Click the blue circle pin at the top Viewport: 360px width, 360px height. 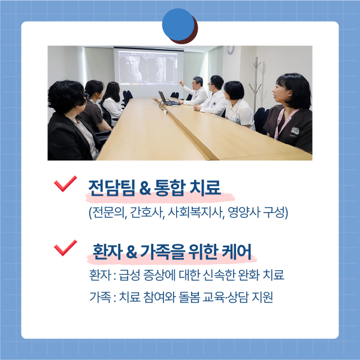pos(178,25)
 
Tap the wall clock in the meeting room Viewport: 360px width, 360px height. pos(231,50)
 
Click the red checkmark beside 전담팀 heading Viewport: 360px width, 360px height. pos(65,184)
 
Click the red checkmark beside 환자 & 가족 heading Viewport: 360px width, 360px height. pos(65,248)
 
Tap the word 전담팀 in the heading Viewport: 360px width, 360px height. pos(111,187)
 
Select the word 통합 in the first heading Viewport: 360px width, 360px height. pos(170,187)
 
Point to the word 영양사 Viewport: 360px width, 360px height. pos(244,213)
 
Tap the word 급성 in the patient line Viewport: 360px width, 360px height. pos(129,275)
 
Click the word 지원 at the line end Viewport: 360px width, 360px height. pos(262,297)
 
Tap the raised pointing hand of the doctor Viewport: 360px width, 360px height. pos(181,83)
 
